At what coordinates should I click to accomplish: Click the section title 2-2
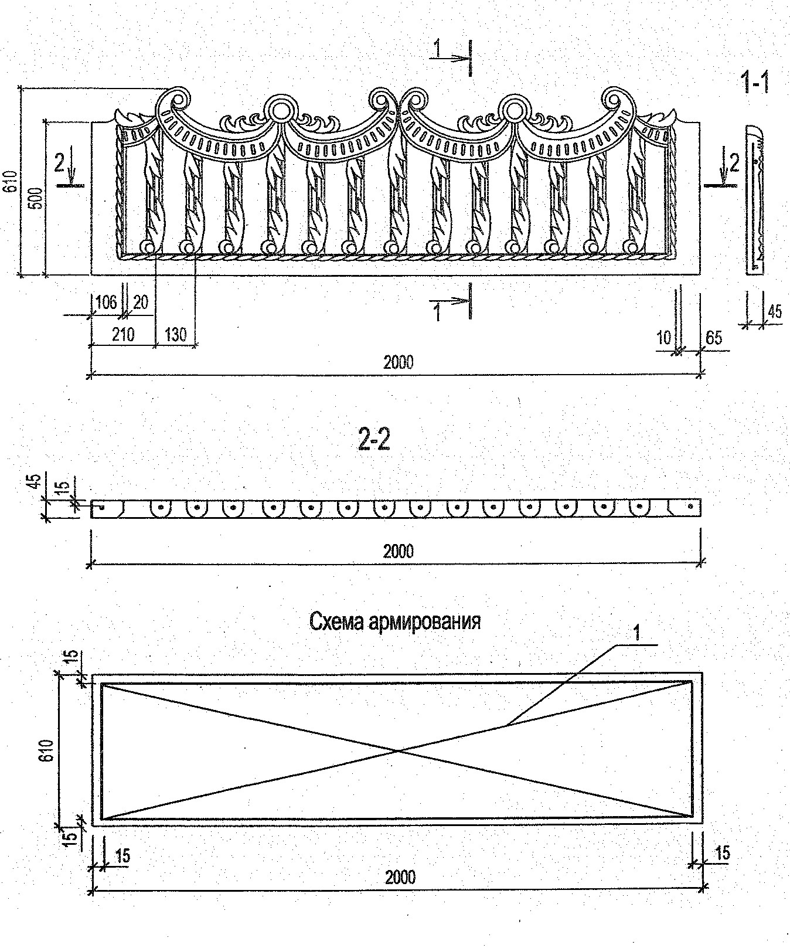373,441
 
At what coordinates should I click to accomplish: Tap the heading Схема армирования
394,621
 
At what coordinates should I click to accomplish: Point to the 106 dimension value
106,303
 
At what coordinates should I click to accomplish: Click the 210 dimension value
123,335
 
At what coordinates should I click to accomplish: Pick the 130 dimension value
175,335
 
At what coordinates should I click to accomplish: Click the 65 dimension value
714,338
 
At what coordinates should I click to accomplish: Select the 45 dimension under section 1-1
774,311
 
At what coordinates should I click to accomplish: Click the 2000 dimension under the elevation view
398,362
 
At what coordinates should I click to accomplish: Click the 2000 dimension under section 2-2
398,551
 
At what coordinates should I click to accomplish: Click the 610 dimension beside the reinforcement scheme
48,750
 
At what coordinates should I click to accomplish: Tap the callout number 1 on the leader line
637,633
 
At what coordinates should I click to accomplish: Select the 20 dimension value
141,303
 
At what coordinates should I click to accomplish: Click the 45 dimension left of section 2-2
35,482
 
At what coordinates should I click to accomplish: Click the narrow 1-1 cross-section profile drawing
756,199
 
